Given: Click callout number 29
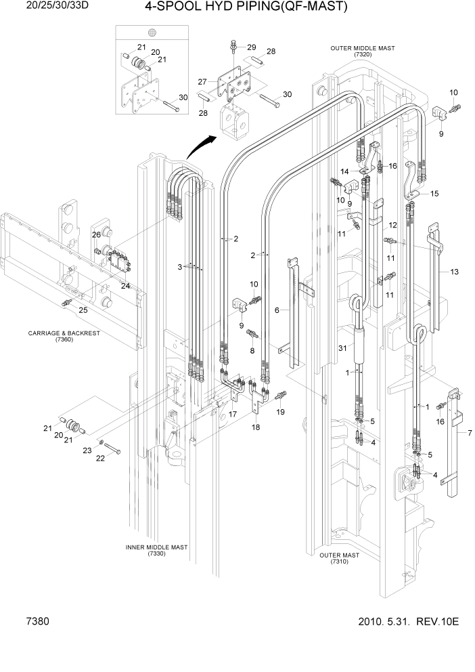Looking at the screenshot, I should click(x=252, y=47).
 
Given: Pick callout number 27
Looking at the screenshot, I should click(x=202, y=81).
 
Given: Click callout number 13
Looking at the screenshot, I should click(x=454, y=272).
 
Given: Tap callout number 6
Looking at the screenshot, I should click(x=277, y=310).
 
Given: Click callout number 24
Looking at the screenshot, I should click(x=125, y=286).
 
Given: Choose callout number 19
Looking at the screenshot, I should click(x=280, y=411).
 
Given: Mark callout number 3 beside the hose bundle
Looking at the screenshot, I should click(x=179, y=267).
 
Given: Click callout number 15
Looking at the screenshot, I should click(x=434, y=194).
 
